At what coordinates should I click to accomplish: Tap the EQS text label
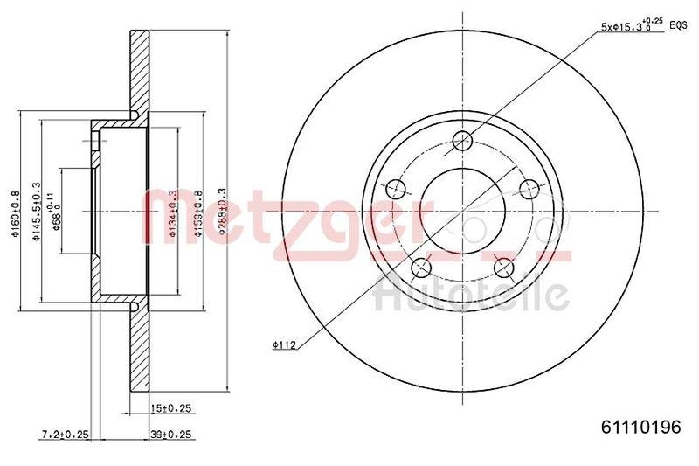(678, 26)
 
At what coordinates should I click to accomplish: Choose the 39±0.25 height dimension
(170, 435)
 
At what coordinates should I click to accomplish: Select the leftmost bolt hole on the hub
(396, 188)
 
